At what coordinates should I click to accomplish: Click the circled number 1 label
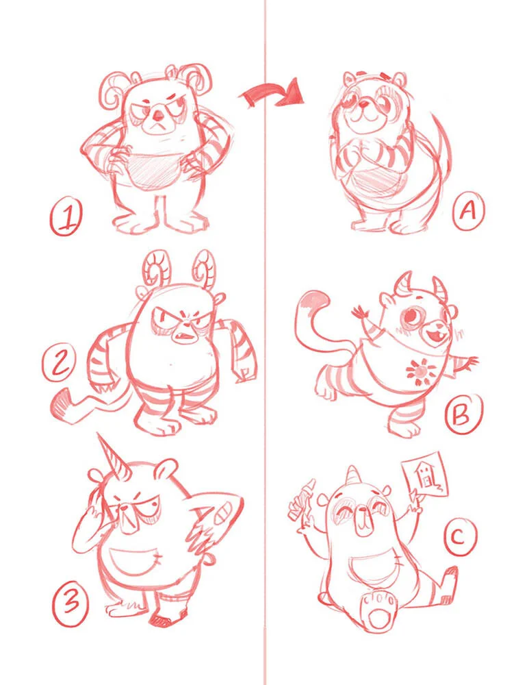click(66, 219)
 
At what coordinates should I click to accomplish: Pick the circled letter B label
click(463, 416)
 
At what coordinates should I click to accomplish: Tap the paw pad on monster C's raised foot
click(376, 612)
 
